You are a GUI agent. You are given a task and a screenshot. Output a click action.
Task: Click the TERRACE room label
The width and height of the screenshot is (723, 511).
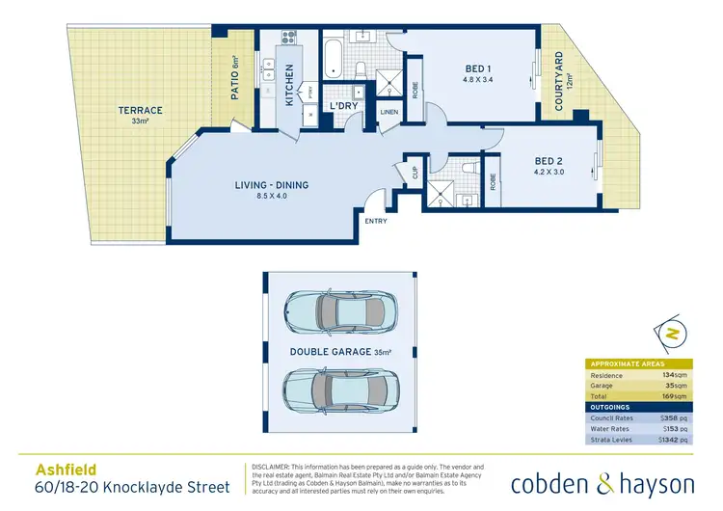click(140, 111)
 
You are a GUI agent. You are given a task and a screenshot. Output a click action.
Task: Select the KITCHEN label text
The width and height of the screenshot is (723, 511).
click(288, 85)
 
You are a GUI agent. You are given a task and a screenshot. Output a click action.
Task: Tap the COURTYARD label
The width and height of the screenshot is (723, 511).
click(557, 82)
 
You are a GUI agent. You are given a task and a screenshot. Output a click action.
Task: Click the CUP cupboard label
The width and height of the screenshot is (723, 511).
click(415, 172)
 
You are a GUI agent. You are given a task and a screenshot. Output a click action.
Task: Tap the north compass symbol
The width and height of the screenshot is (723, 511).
click(669, 333)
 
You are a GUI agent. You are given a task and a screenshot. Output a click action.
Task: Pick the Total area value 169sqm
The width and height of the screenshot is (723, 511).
click(674, 395)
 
